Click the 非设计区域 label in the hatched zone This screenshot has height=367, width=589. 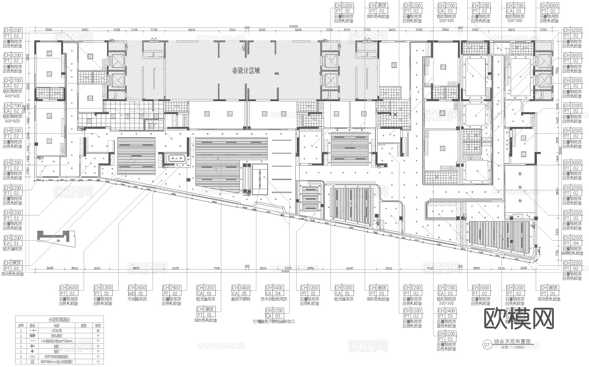(x=246, y=71)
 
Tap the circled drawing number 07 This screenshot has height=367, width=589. (x=487, y=344)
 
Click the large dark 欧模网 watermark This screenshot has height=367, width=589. (x=518, y=319)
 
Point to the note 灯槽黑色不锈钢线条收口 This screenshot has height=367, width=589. (x=274, y=322)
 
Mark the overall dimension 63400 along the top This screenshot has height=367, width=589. (x=296, y=27)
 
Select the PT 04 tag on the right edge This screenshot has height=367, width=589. (x=571, y=243)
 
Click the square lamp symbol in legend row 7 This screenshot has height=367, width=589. (x=32, y=361)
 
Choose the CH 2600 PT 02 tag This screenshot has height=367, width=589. (x=68, y=290)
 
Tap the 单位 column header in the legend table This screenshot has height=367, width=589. (x=98, y=325)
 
